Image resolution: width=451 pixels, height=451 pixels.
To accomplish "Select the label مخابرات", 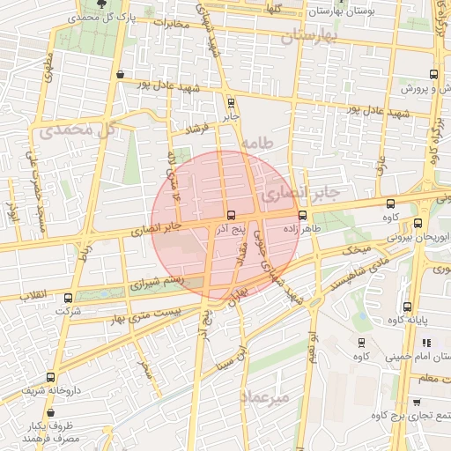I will point(170,24).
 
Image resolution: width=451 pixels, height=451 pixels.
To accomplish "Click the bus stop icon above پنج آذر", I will point(231,215).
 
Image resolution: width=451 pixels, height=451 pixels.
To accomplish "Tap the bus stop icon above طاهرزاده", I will point(303,215).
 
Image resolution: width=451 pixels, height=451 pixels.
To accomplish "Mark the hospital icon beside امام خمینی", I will point(426,343).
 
